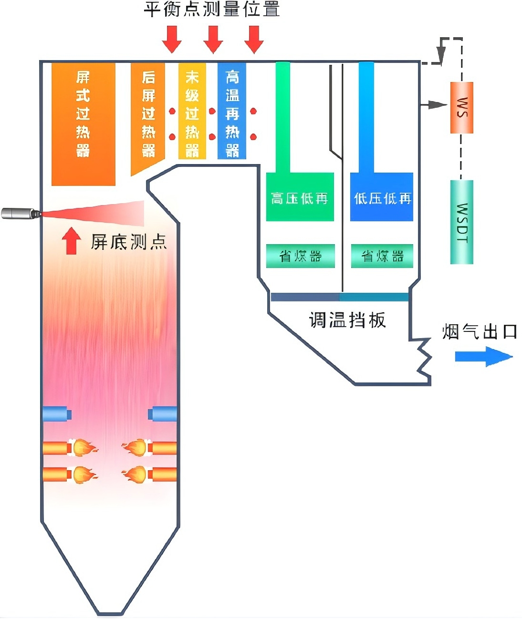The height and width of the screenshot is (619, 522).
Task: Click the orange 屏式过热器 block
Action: click(83, 124)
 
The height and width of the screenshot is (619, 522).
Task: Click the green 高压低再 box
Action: click(300, 197)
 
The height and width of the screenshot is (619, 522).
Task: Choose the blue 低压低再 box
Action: click(382, 197)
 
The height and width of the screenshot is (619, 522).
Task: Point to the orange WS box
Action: click(461, 107)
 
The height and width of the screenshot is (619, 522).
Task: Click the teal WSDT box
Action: click(461, 222)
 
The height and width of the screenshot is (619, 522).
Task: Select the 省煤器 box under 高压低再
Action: click(300, 256)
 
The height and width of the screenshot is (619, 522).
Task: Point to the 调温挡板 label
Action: click(347, 320)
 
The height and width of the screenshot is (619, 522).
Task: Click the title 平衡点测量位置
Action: click(211, 9)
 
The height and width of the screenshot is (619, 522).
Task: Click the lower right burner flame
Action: click(136, 475)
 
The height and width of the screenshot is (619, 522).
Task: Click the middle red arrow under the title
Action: click(213, 39)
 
